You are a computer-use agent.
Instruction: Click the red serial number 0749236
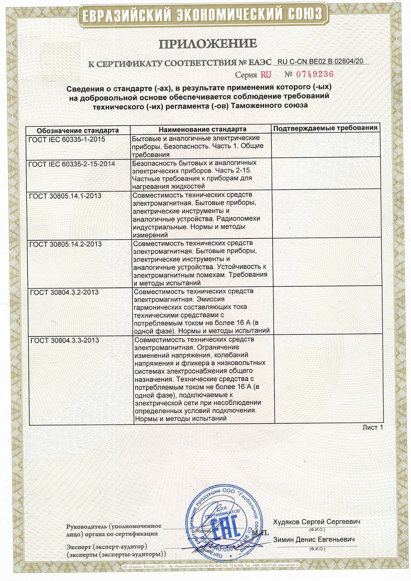315,74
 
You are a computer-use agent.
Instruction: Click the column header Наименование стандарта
203,129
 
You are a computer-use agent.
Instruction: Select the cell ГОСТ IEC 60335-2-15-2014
72,164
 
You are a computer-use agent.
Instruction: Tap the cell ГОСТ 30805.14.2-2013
66,244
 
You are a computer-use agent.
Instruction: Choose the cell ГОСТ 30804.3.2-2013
64,292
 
